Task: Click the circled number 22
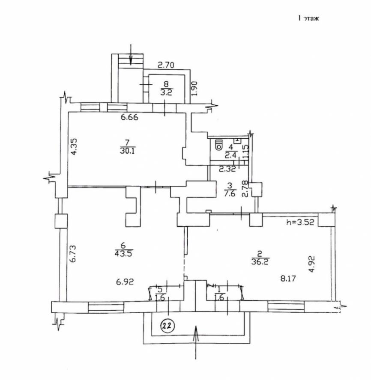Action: pyautogui.click(x=168, y=326)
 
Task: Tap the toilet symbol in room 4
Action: pyautogui.click(x=219, y=144)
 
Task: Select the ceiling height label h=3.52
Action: pyautogui.click(x=300, y=222)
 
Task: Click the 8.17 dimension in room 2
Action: pyautogui.click(x=288, y=278)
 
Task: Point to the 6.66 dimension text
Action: pyautogui.click(x=129, y=117)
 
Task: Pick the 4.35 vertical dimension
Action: pyautogui.click(x=74, y=146)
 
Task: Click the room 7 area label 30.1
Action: pyautogui.click(x=128, y=151)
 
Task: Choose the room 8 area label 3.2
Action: pyautogui.click(x=166, y=92)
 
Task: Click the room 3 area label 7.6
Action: pyautogui.click(x=230, y=193)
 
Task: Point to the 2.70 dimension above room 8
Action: pyautogui.click(x=166, y=65)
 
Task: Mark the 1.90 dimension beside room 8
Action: pyautogui.click(x=195, y=89)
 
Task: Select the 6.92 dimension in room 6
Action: pyautogui.click(x=125, y=282)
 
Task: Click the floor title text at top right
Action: pyautogui.click(x=308, y=18)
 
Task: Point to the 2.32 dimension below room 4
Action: pyautogui.click(x=227, y=169)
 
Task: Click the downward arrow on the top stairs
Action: pyautogui.click(x=131, y=54)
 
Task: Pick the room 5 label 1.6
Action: pyautogui.click(x=160, y=298)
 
